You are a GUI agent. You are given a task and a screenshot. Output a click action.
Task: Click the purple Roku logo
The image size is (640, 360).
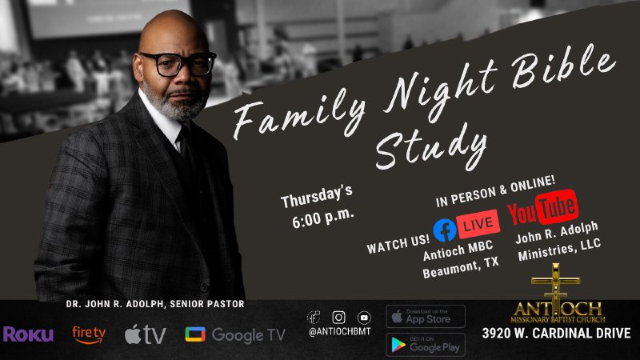28,334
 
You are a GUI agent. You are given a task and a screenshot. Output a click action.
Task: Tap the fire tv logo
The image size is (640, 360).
89,334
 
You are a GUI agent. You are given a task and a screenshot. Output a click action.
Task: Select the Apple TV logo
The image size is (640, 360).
145,334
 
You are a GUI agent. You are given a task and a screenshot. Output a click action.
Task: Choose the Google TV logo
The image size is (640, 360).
234,334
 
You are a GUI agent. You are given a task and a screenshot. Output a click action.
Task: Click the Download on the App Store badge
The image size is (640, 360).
425,316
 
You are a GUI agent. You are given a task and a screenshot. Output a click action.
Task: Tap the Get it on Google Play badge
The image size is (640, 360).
425,344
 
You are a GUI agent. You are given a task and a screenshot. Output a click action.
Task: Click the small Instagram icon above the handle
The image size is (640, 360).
339,317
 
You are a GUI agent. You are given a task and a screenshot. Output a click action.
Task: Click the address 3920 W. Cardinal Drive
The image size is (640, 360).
556,333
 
